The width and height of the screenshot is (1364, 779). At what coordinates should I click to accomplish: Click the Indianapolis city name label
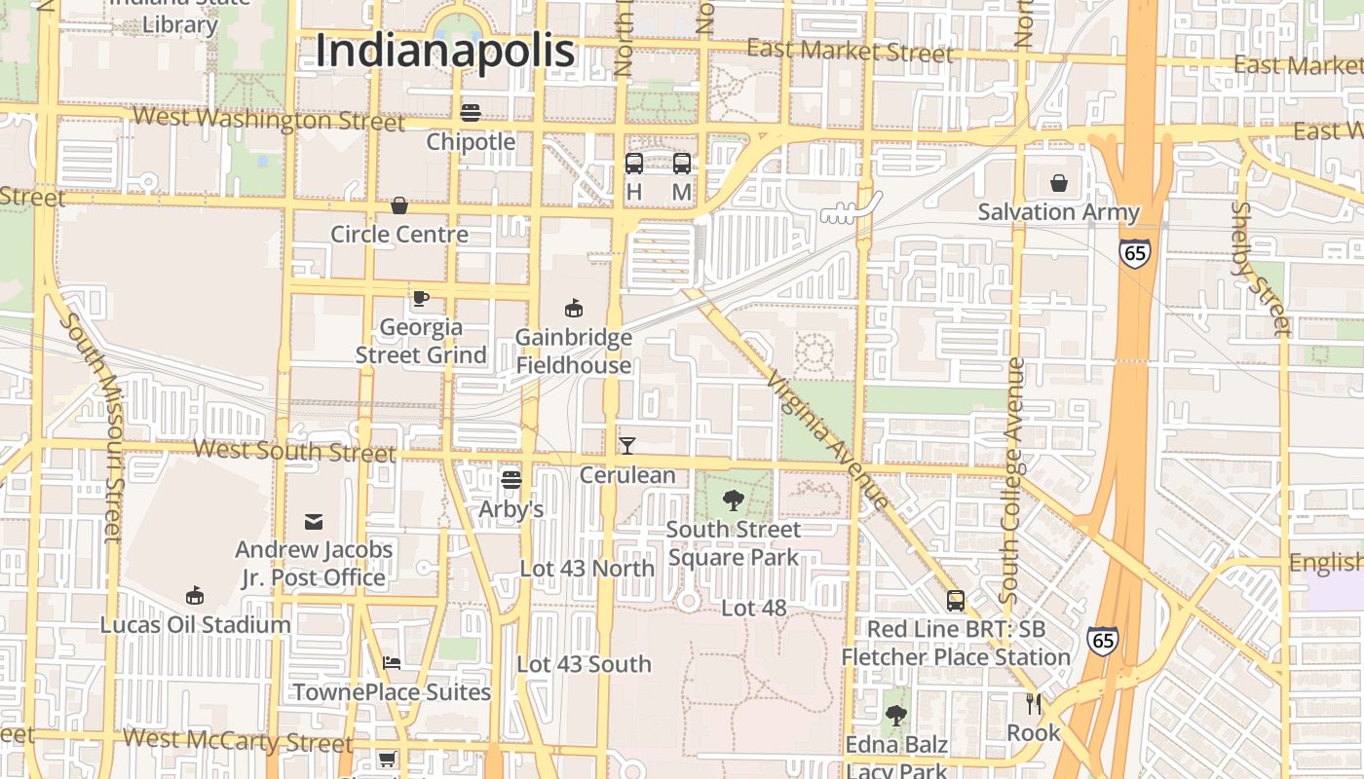445,51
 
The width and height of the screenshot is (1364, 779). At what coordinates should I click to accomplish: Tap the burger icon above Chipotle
471,113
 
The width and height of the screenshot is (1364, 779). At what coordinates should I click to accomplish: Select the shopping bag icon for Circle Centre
399,205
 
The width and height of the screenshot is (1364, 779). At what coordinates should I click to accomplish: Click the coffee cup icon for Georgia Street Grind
421,298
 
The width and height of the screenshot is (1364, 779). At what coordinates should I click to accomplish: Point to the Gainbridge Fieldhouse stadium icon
574,309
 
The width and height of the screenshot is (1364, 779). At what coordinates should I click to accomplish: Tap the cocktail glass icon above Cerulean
627,446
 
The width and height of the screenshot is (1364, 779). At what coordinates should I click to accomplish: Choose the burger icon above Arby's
511,479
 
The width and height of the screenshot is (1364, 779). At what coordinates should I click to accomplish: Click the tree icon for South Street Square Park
734,501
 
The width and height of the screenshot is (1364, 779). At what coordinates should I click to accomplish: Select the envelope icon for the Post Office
314,522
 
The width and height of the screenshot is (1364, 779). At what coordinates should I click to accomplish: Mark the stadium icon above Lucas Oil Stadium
195,595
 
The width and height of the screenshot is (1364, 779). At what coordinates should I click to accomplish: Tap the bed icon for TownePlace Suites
392,663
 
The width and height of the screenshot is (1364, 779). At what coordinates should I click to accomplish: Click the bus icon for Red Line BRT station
956,601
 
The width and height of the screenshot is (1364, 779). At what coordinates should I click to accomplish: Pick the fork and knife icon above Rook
1034,703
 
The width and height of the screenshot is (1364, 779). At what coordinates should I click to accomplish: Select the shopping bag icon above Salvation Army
1059,182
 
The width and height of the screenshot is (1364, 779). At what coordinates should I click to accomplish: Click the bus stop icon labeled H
634,164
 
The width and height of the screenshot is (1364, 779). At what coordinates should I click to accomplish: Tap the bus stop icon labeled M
682,164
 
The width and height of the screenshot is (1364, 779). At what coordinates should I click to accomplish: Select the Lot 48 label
753,609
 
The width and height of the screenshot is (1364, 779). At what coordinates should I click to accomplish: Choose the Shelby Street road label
1261,268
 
